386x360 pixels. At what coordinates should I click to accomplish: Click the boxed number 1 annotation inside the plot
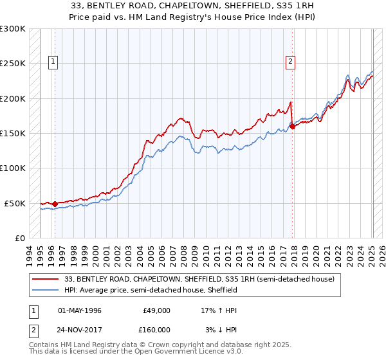point(52,62)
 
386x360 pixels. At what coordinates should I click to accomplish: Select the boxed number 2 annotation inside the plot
point(291,62)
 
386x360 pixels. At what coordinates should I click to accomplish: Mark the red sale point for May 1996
point(55,204)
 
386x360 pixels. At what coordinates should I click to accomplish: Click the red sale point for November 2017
point(293,127)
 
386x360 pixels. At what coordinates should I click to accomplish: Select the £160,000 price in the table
point(156,329)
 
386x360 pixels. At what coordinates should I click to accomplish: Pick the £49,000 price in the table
point(156,310)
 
